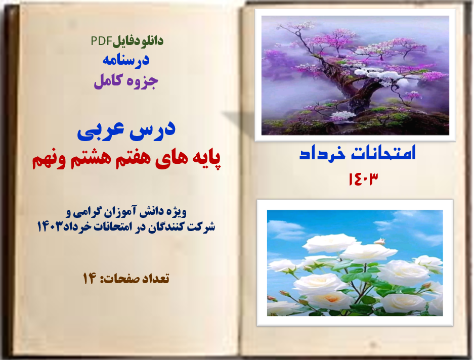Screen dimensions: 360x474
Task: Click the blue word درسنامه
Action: [126, 60]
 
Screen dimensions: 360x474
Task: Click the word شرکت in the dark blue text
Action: [201, 226]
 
